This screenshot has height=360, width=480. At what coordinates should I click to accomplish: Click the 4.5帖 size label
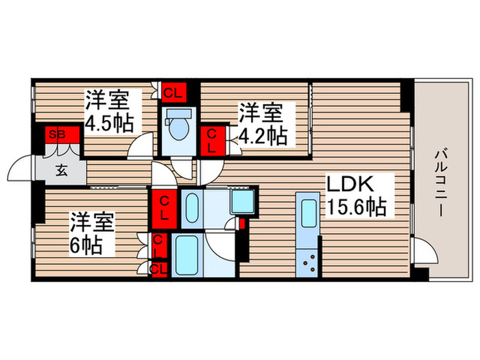110,123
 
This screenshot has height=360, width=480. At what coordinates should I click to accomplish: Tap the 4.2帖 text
263,135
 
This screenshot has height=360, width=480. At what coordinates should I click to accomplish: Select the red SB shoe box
57,134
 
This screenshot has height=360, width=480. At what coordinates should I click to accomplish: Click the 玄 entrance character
61,171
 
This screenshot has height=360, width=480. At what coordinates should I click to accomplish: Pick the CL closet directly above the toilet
173,91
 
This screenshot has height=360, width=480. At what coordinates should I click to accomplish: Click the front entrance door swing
21,169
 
